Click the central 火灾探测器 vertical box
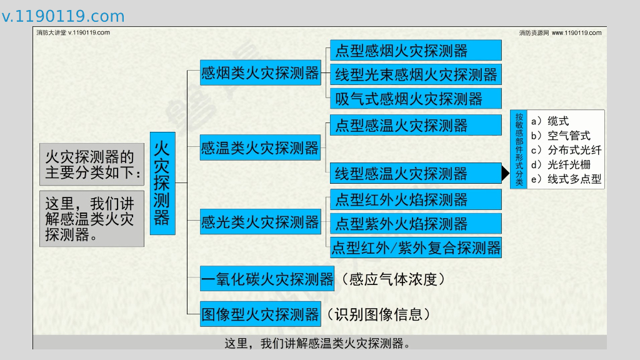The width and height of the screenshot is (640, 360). pos(162,182)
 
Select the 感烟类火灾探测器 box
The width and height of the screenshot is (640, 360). pos(260,74)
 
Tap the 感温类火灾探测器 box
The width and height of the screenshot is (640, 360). pos(260,149)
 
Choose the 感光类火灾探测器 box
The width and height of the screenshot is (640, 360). pos(260,222)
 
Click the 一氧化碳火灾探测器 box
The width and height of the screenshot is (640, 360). pos(267,279)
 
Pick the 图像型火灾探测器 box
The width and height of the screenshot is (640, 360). pos(261,314)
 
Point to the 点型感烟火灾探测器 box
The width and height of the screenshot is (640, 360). pos(415,51)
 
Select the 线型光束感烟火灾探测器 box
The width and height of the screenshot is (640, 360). pos(415,75)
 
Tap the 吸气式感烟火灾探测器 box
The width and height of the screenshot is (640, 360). pos(415,99)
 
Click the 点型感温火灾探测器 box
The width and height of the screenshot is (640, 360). pos(415,125)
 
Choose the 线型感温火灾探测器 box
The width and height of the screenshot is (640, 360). pos(415,173)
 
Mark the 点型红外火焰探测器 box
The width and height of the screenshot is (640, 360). pos(415,200)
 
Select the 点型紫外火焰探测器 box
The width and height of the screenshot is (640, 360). pos(415,224)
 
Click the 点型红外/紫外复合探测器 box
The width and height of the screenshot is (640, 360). pos(415,247)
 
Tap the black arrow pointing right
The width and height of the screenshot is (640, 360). pos(505,173)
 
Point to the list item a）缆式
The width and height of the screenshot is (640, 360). pos(549,121)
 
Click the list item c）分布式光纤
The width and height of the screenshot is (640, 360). pos(566,150)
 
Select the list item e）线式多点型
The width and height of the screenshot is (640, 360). pos(566,180)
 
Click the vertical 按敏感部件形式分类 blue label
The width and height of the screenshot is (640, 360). pos(519,150)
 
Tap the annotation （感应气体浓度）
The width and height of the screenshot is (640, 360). pos(394,279)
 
